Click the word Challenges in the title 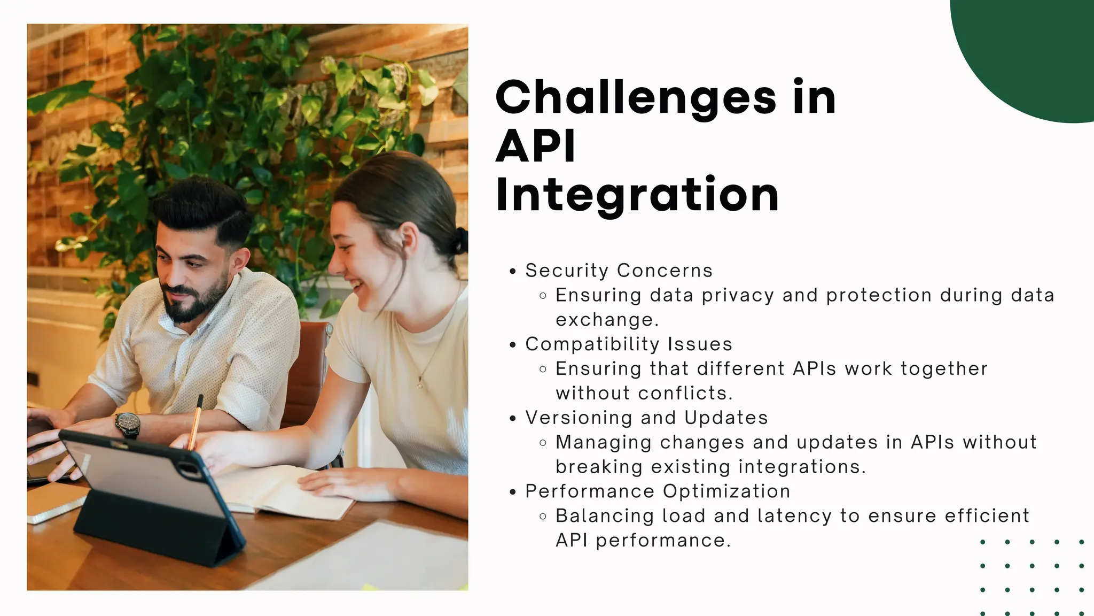tap(636, 98)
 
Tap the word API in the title tap(536, 146)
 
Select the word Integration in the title tap(637, 195)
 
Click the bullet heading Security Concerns tap(619, 271)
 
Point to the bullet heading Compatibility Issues tap(629, 344)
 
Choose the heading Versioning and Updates tap(646, 418)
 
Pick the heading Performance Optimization tap(658, 491)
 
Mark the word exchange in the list tap(607, 320)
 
